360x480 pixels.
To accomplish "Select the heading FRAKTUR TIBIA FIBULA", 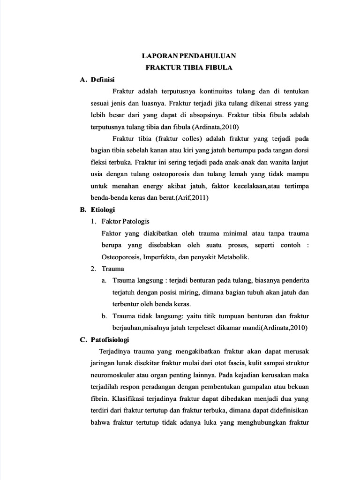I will (x=190, y=67).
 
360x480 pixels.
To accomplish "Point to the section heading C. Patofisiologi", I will (x=105, y=339).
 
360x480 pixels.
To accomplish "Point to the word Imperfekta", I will (x=159, y=257).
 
